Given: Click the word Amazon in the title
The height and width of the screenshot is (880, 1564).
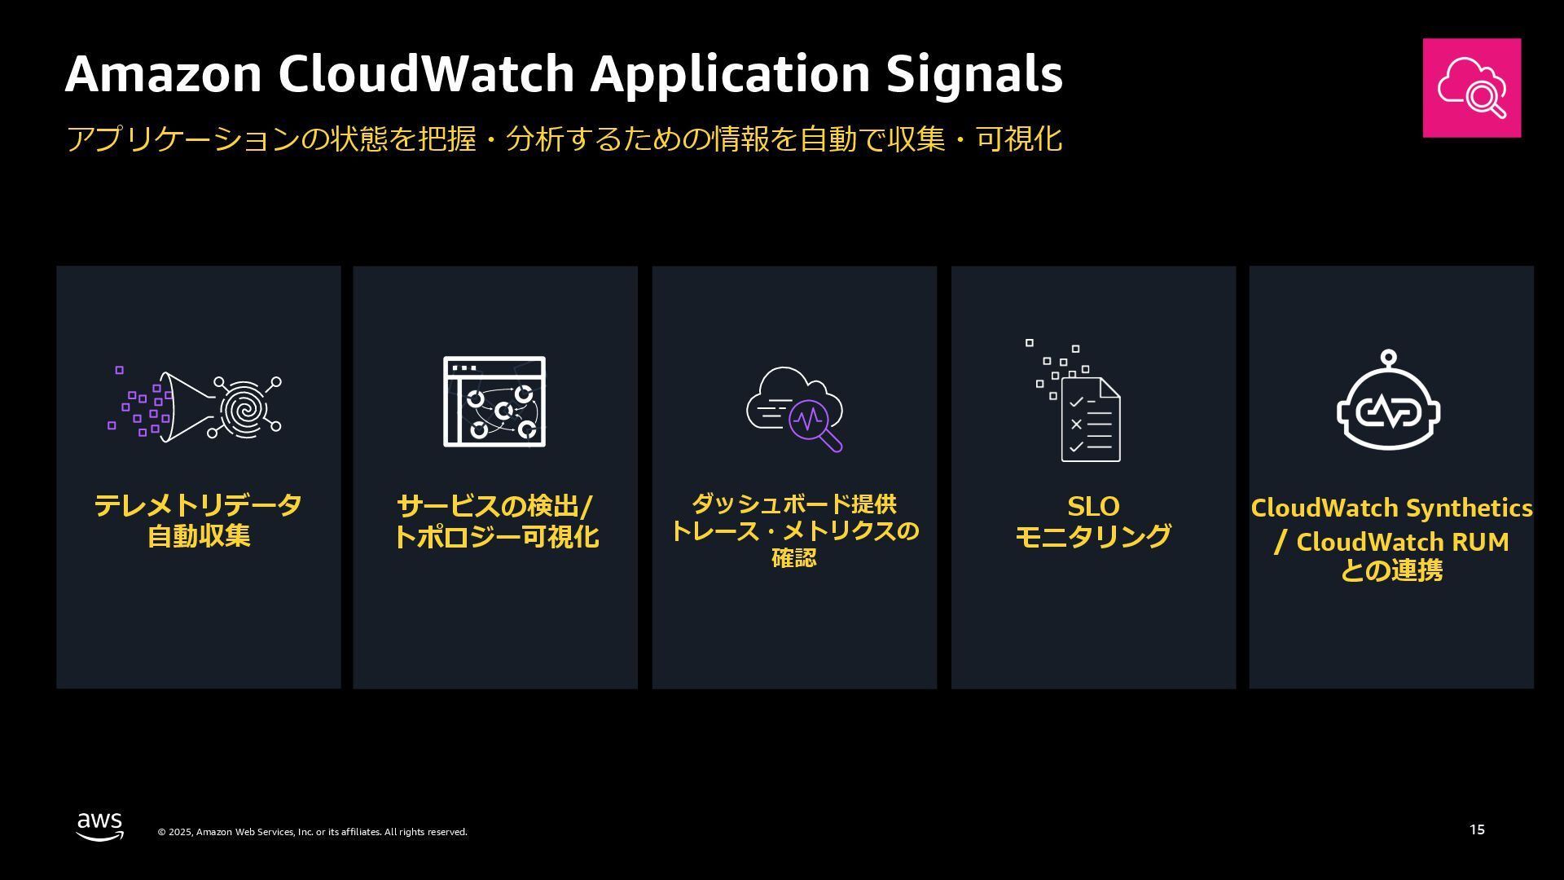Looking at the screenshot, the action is pos(163,74).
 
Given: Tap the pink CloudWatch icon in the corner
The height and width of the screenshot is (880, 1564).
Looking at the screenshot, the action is pos(1471,88).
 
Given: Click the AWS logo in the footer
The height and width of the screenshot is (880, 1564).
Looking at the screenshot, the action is pos(100,826).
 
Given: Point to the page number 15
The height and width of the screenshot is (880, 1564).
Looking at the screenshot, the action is pos(1477,829).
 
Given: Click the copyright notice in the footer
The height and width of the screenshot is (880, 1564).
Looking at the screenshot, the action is pos(312,832).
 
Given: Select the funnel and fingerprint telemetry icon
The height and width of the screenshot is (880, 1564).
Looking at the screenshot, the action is pos(195,406).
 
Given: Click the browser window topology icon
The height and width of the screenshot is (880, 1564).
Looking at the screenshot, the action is pos(494,402).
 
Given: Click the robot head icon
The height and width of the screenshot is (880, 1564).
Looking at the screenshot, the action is pos(1389,405).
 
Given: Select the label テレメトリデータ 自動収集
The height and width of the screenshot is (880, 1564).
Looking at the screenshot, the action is pos(198,521).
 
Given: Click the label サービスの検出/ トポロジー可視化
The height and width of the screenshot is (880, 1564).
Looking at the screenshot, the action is pos(495,521).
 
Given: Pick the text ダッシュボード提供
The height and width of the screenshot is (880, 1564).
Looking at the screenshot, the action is pos(793,504).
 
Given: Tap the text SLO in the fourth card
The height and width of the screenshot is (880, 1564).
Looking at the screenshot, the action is pos(1093,507).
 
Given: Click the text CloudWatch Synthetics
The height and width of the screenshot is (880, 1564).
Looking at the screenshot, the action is pos(1391,508).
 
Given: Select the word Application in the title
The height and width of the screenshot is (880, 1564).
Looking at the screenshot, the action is pos(730,74).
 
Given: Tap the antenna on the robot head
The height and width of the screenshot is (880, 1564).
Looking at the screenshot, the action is pos(1389,358).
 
